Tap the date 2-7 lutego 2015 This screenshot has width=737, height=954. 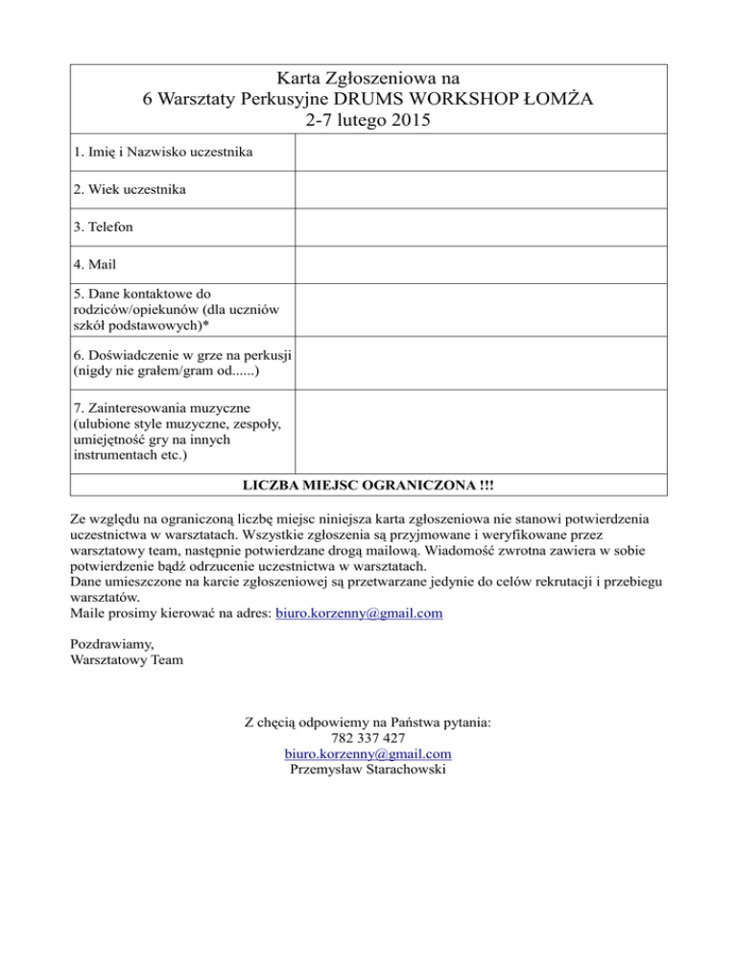pyautogui.click(x=368, y=122)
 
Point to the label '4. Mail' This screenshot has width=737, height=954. pyautogui.click(x=95, y=264)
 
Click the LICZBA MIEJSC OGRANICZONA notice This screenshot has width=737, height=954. pyautogui.click(x=368, y=487)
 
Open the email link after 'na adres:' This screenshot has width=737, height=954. pyautogui.click(x=359, y=611)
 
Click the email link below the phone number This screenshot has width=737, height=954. pyautogui.click(x=368, y=755)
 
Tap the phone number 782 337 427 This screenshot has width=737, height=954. pyautogui.click(x=368, y=738)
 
